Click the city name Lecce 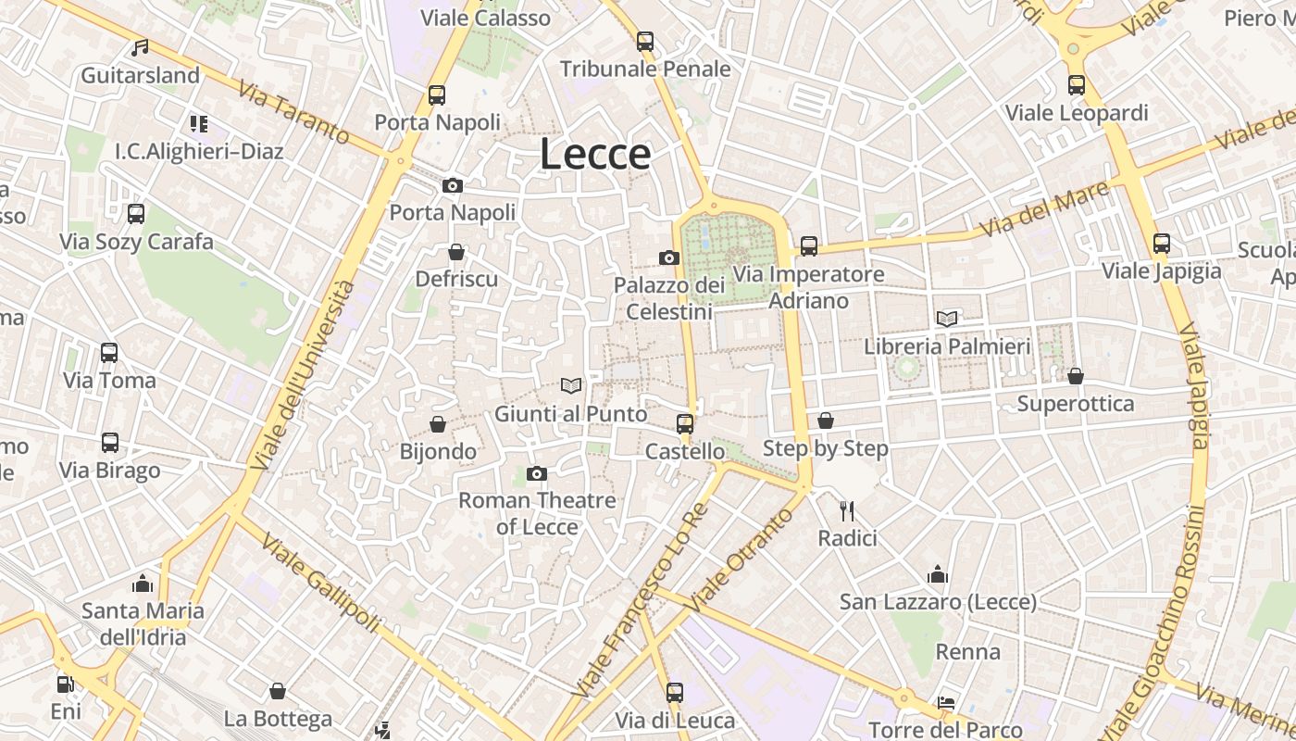tap(595, 154)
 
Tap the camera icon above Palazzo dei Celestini tap(668, 257)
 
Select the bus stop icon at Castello tap(684, 424)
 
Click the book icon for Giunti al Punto tap(571, 385)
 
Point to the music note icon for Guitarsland tap(140, 47)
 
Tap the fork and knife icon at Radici tap(846, 510)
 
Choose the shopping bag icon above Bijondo tap(438, 424)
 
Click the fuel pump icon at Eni tap(65, 684)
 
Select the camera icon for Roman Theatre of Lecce tap(537, 474)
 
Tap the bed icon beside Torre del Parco tap(945, 703)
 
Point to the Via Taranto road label tap(294, 113)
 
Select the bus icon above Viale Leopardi tap(1077, 85)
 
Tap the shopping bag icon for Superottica tap(1075, 376)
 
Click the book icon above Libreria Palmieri tap(946, 319)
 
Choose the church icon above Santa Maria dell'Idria tap(143, 584)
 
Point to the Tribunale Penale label tap(645, 69)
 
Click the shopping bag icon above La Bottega tap(278, 691)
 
